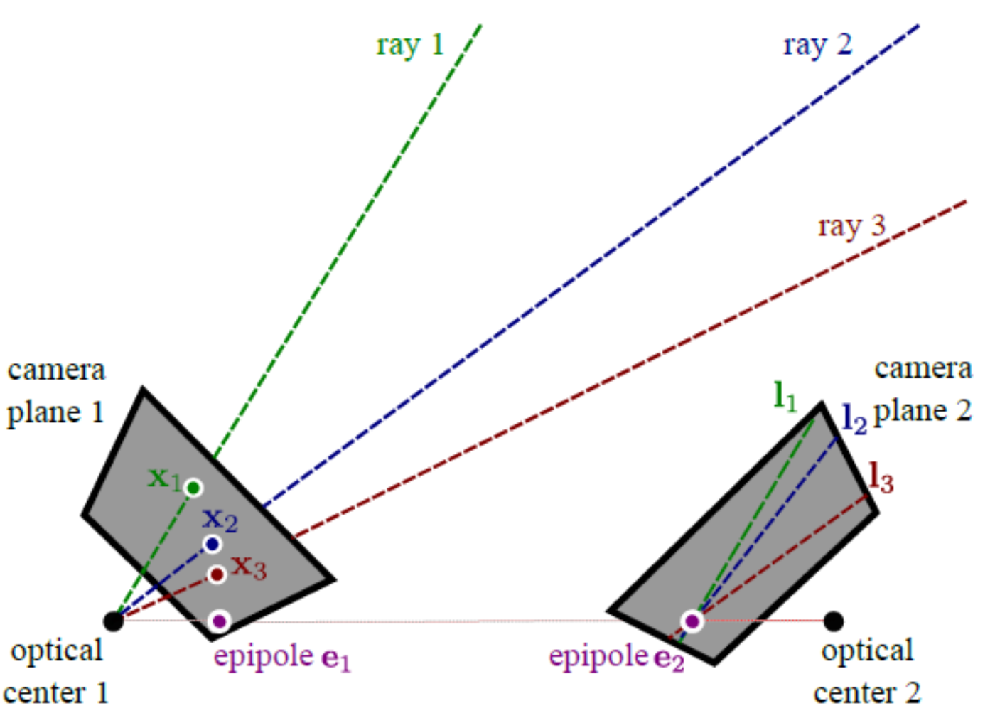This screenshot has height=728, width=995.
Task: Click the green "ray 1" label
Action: click(410, 45)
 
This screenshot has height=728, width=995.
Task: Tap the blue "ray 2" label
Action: click(817, 45)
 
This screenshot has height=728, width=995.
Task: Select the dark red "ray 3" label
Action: click(851, 227)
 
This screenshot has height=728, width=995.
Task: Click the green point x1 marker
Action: click(193, 488)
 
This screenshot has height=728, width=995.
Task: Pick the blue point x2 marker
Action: click(212, 545)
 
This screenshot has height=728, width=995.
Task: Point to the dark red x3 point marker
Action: click(217, 574)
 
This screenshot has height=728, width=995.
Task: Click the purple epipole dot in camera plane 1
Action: click(220, 621)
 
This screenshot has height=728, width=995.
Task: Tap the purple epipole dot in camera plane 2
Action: click(692, 621)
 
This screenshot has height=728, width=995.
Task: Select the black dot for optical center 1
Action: click(114, 621)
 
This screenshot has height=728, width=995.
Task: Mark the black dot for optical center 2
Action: click(834, 621)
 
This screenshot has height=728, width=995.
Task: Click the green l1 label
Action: click(785, 395)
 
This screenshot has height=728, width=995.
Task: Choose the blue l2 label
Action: click(854, 418)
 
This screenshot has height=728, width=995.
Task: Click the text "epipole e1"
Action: click(282, 658)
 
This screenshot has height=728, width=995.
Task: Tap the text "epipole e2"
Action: click(616, 658)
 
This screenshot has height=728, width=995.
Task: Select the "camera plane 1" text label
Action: click(56, 391)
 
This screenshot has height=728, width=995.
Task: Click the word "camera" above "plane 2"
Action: click(923, 368)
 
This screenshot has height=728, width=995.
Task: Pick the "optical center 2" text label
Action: click(867, 671)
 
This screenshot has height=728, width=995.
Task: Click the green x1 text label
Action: click(163, 478)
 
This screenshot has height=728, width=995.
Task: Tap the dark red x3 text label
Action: click(249, 567)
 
